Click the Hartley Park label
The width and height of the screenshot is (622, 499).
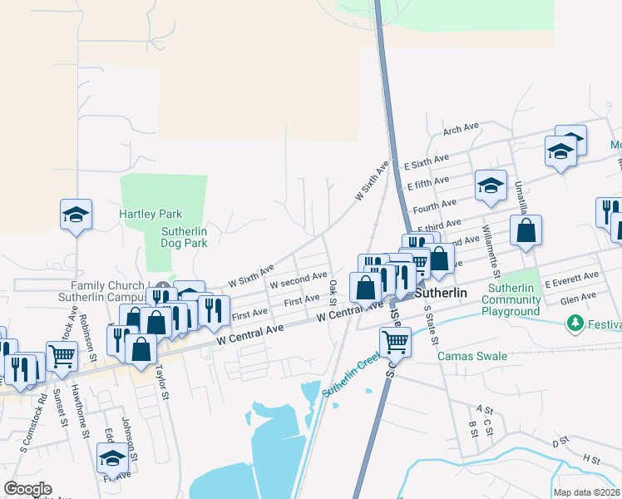[151, 214]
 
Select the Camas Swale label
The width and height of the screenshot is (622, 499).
[472, 356]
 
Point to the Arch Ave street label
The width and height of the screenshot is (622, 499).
[462, 129]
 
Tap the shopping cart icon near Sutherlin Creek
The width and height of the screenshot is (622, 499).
[395, 340]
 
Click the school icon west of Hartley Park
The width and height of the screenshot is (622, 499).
[76, 215]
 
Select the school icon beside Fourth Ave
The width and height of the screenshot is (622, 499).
[491, 185]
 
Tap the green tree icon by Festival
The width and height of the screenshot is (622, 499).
[574, 322]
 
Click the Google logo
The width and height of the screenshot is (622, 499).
[28, 489]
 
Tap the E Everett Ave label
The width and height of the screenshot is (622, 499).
[571, 277]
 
